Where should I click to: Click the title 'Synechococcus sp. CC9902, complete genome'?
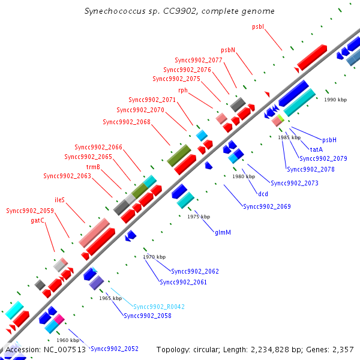[180, 11]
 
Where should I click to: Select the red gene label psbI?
[259, 26]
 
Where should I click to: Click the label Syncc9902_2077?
[199, 60]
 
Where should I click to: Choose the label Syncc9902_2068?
[127, 122]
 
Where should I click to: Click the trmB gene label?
[93, 167]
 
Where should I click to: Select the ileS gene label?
[59, 199]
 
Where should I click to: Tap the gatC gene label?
[38, 220]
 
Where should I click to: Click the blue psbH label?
[329, 140]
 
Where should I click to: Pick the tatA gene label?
[317, 149]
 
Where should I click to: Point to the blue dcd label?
[263, 194]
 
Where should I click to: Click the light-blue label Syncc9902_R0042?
[159, 307]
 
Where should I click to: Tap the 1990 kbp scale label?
[335, 100]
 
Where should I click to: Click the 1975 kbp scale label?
[199, 217]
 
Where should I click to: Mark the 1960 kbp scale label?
[68, 340]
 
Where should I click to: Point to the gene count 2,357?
[343, 349]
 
